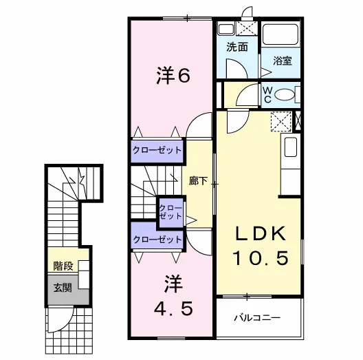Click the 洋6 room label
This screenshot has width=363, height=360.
[173, 75]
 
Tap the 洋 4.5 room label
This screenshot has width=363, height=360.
[173, 296]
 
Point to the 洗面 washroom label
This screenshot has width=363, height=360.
[236, 47]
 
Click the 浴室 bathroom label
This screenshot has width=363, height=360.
[282, 61]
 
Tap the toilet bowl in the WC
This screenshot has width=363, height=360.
[285, 94]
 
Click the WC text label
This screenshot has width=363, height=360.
[267, 94]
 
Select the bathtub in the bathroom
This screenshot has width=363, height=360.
[280, 34]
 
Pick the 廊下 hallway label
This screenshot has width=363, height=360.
[198, 181]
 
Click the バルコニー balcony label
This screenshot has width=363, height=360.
[257, 317]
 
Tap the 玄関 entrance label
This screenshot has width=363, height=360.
[63, 288]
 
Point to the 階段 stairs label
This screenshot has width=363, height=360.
[63, 266]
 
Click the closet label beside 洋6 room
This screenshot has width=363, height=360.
[157, 150]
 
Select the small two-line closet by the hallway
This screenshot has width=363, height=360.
[171, 212]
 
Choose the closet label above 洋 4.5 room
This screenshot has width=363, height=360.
[157, 239]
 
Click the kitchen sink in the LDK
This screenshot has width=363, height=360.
[291, 147]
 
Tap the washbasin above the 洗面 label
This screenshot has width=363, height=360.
[226, 28]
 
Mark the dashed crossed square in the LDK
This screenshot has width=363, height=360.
[281, 121]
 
